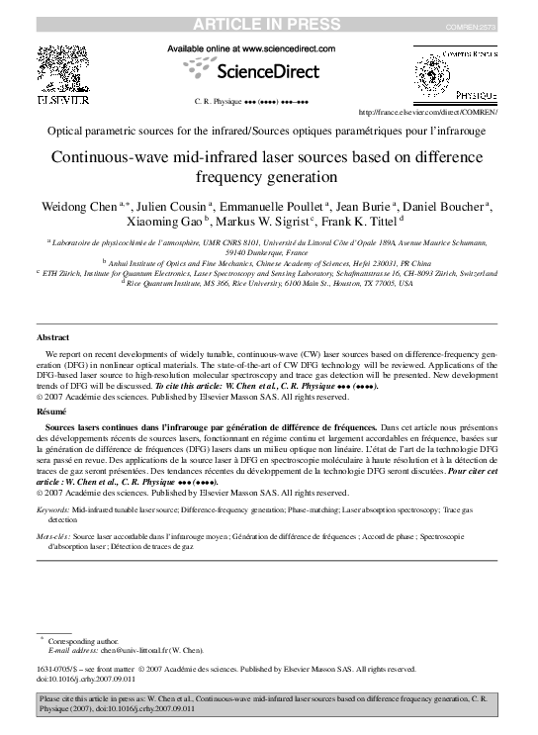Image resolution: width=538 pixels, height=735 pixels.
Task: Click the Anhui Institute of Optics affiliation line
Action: coord(269,262)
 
